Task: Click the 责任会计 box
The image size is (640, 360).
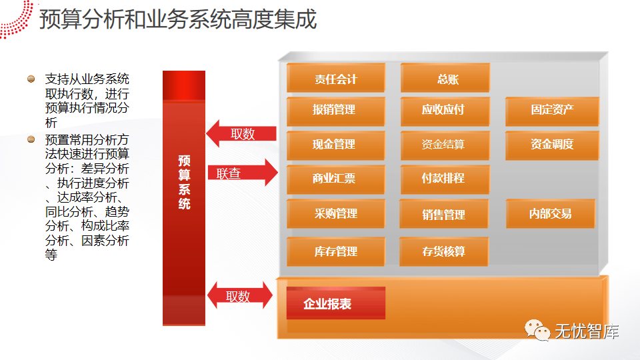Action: [x=336, y=79]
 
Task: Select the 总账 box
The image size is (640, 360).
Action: [x=445, y=79]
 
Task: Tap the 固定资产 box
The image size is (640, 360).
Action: [x=552, y=110]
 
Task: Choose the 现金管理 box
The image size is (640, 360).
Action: [x=336, y=144]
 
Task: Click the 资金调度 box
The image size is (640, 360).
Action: [x=552, y=144]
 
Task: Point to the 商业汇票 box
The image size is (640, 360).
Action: [x=336, y=179]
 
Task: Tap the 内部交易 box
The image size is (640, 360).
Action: [x=551, y=214]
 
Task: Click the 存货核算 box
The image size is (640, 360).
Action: [x=444, y=251]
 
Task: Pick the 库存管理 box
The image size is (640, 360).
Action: [x=336, y=251]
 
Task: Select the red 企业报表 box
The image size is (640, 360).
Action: [x=336, y=304]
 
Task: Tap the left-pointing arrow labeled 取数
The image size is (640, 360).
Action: [x=241, y=134]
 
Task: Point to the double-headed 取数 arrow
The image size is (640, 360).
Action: [x=240, y=295]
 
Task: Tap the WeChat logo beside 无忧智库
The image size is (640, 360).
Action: [x=537, y=329]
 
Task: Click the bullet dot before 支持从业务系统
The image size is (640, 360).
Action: [x=31, y=79]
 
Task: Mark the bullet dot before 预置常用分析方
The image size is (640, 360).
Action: [x=31, y=140]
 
